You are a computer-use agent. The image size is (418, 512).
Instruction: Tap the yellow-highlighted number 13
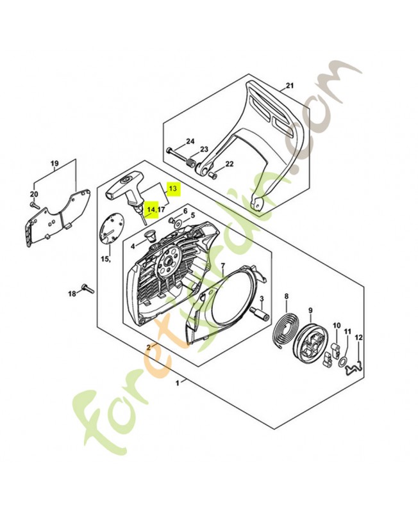(x=172, y=189)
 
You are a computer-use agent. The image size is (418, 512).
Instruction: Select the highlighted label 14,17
(x=156, y=209)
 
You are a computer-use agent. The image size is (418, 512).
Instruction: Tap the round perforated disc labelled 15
(x=112, y=230)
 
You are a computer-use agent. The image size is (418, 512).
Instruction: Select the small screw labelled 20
(x=31, y=204)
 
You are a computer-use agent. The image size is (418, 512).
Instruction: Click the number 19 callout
(x=55, y=163)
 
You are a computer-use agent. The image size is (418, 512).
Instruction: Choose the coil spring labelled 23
(x=190, y=164)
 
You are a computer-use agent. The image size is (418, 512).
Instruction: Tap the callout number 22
(x=229, y=164)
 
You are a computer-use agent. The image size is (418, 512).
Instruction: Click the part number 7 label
(x=222, y=266)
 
